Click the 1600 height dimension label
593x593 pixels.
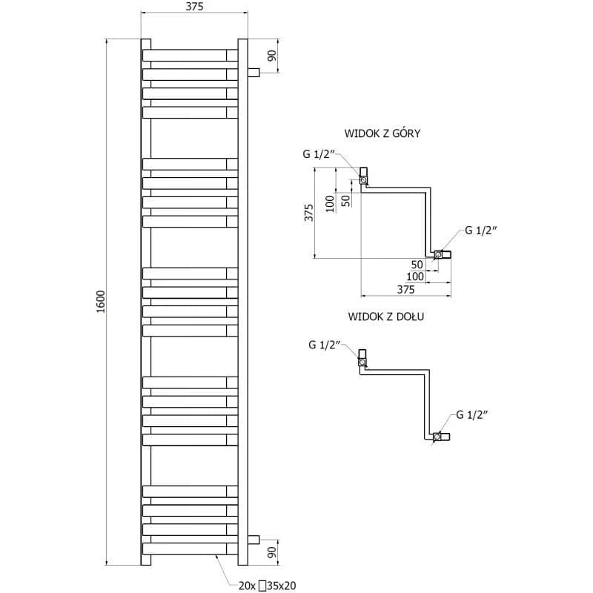coord(101,302)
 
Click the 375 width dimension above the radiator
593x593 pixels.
coord(194,7)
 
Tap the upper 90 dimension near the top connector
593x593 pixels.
coord(272,56)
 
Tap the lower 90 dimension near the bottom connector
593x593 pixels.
coord(272,552)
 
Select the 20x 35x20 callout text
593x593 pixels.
coord(267,586)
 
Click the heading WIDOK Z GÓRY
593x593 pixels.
coord(382,133)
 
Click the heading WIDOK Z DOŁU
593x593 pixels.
coord(385,317)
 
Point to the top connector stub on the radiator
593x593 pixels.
coord(254,72)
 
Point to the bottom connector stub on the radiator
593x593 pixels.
coord(254,540)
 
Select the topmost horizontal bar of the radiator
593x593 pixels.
coord(190,55)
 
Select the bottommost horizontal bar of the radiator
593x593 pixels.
coord(190,549)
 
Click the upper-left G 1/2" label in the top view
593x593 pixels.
coord(319,154)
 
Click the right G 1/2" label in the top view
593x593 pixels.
coord(480,231)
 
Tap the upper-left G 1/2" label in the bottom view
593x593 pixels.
coord(325,345)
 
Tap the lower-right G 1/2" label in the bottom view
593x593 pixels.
coord(471,415)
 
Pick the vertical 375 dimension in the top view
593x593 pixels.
coord(309,213)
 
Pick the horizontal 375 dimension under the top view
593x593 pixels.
coord(405,290)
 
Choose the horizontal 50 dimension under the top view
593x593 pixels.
coord(417,265)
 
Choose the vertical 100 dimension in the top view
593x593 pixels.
coord(330,203)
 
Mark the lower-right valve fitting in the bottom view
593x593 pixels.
coord(441,437)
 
